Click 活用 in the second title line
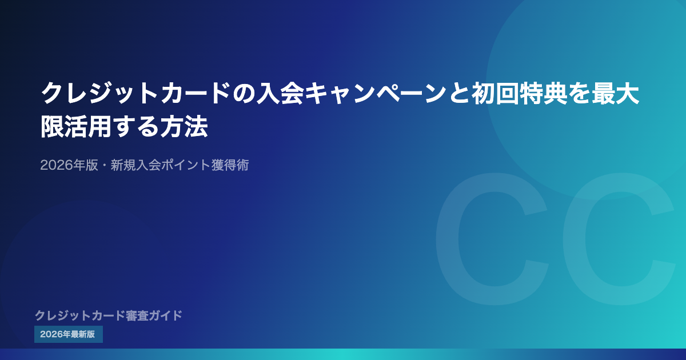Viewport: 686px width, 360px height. (x=88, y=126)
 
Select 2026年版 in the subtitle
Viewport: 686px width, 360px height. (x=69, y=165)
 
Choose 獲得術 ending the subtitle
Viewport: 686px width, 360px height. (x=230, y=165)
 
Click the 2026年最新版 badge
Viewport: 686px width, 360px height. (x=69, y=334)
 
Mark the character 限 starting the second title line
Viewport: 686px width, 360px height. (x=53, y=126)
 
